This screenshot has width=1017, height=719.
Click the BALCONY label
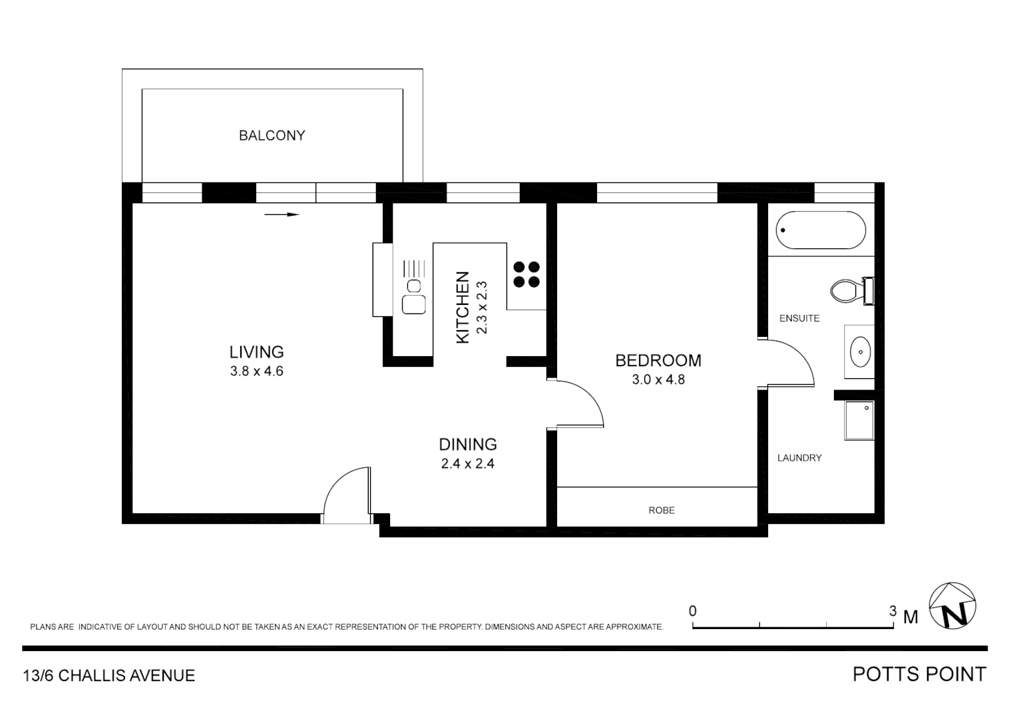point(272,135)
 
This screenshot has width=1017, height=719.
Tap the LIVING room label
point(256,352)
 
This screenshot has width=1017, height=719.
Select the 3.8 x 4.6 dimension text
point(256,371)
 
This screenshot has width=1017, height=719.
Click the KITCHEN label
point(463,308)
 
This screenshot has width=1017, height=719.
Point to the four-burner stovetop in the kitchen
point(526,274)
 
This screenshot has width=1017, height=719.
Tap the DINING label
point(467,444)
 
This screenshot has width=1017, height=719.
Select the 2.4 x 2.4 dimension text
point(467,463)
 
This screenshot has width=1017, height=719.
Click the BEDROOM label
point(658,360)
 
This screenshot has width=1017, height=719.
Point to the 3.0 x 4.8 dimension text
point(658,379)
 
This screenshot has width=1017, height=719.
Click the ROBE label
point(661,510)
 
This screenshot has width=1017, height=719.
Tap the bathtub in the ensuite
point(820,230)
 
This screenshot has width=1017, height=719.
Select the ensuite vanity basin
point(860,351)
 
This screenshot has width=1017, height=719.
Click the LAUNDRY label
point(799,457)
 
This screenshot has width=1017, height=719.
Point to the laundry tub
point(859,420)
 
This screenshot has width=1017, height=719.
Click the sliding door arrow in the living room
point(282,214)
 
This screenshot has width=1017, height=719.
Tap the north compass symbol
point(952,606)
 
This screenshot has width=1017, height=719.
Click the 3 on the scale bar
point(893,610)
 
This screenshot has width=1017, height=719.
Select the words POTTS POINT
point(918,674)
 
